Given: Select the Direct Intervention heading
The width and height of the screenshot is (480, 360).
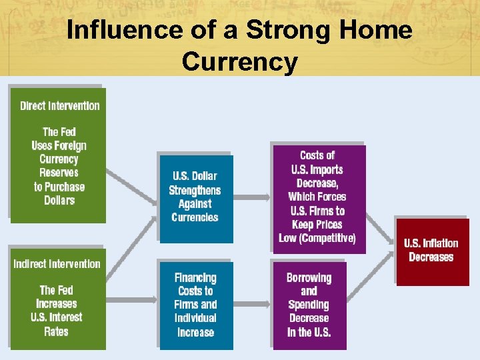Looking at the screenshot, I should (59, 105).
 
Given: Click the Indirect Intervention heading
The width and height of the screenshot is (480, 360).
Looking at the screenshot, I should (57, 264).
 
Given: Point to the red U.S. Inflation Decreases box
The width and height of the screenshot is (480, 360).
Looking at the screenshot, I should (433, 251).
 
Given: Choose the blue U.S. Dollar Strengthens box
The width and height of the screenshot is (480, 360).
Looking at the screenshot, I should (194, 197).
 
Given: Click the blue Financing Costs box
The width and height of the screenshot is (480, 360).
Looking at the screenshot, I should (195, 305).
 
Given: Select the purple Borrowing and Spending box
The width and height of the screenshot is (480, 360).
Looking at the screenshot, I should (309, 305).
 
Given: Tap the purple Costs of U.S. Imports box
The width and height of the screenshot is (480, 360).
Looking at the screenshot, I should (317, 197).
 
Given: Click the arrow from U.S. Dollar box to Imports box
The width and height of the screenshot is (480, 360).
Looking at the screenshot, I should (252, 197).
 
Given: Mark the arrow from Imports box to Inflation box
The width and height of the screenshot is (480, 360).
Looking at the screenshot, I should (380, 230).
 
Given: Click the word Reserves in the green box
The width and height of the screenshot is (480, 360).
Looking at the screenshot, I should (59, 173).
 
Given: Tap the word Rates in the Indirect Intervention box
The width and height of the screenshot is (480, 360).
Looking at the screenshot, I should (56, 331).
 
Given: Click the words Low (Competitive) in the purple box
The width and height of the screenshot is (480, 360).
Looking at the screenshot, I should (317, 239).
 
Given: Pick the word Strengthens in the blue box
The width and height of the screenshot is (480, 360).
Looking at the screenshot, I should (194, 190).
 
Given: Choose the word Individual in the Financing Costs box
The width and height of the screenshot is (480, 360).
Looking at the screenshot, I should (195, 318).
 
